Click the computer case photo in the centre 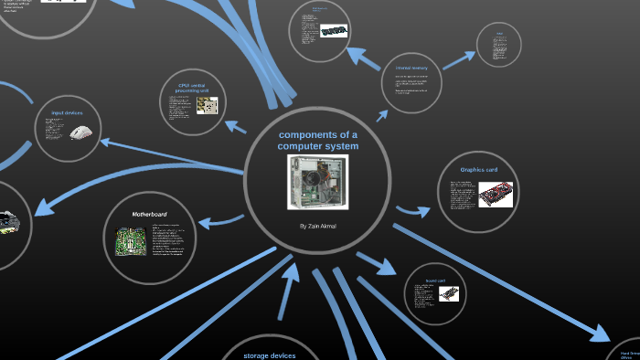[x=317, y=182]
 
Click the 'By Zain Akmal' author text [x=317, y=225]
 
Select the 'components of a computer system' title [x=317, y=140]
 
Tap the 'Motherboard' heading [x=151, y=214]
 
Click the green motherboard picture [x=129, y=241]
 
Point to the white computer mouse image [x=81, y=132]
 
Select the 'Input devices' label [x=67, y=112]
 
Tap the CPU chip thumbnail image [x=207, y=105]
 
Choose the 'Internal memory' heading [x=412, y=68]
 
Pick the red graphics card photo [x=495, y=195]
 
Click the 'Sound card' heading [x=435, y=281]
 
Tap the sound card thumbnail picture [x=447, y=294]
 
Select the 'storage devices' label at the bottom [x=270, y=355]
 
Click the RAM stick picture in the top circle [x=332, y=30]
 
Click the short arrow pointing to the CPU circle [x=236, y=125]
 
